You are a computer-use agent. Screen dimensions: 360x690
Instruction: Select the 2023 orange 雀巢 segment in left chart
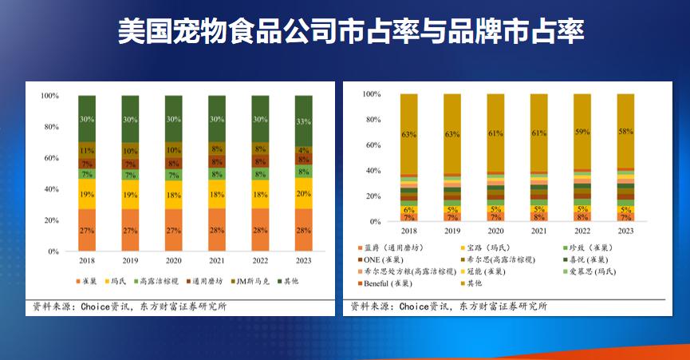304,230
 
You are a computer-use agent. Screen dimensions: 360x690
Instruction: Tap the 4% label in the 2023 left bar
304,150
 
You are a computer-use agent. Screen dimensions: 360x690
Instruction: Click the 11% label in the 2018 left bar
87,150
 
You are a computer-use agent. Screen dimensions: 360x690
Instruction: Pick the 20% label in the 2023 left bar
304,193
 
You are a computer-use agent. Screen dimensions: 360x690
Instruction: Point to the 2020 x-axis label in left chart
174,261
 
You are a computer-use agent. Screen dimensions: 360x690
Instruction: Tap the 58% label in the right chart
625,131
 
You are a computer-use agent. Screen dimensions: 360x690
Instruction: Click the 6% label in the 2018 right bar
409,209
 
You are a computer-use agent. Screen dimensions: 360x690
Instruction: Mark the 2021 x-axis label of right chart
538,231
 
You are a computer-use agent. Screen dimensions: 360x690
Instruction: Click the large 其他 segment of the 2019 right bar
452,134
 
